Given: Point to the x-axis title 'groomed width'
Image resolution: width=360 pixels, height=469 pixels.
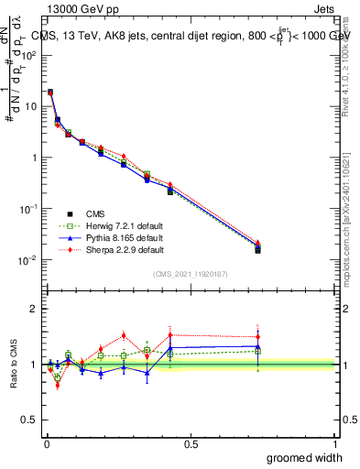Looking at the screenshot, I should point(307,457).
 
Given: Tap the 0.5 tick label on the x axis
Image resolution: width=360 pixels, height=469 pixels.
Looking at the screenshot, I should point(191,444).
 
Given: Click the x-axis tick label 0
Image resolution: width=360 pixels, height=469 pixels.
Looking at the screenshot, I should point(46,444).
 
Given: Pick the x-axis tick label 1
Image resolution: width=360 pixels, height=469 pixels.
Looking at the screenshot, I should point(335,444).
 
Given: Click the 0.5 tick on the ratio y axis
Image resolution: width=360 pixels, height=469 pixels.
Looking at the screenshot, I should point(31,420).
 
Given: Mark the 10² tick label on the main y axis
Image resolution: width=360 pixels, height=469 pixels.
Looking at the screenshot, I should point(29,54).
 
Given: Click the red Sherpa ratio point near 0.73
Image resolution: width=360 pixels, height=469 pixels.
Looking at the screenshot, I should point(258,336).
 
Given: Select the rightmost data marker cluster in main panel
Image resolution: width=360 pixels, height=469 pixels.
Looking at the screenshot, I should point(258,246).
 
